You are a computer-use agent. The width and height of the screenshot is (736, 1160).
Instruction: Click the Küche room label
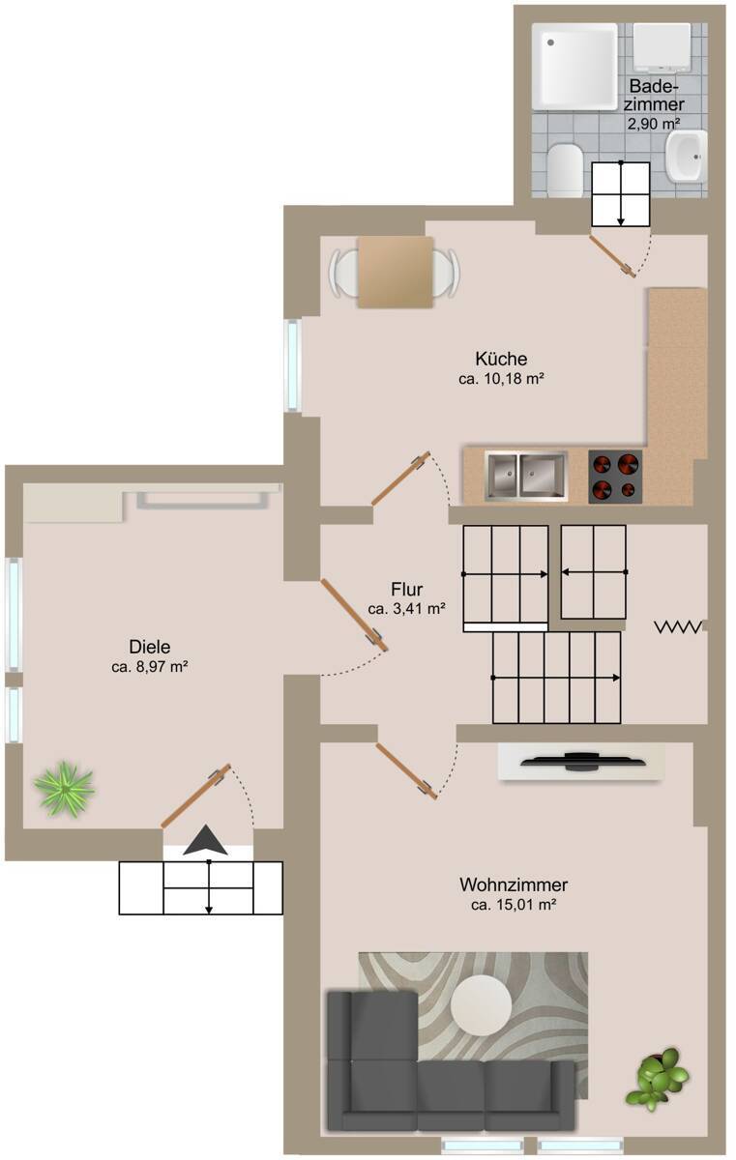501,359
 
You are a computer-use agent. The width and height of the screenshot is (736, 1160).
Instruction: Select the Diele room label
148,647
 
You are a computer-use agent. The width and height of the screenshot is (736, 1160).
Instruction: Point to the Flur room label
407,589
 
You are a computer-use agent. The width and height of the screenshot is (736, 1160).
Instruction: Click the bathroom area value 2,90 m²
655,123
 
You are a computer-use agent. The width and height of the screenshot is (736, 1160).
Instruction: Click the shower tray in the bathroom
578,66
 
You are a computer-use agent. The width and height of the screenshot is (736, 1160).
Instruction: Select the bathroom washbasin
687,154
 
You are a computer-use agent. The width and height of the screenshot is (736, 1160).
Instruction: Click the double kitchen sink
525,477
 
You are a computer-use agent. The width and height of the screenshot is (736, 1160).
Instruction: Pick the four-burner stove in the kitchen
615,476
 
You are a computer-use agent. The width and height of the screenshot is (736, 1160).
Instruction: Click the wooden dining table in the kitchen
395,272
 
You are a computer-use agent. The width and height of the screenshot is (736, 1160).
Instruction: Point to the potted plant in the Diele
64,788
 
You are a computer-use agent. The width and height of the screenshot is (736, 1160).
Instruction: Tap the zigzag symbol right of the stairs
679,627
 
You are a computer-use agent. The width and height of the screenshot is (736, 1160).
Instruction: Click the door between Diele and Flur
354,616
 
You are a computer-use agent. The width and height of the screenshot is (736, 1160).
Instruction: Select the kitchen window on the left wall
292,365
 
